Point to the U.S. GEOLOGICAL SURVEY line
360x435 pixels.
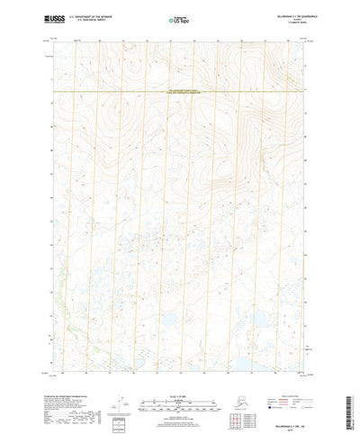(93, 20)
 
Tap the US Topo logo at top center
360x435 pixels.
(179, 18)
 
